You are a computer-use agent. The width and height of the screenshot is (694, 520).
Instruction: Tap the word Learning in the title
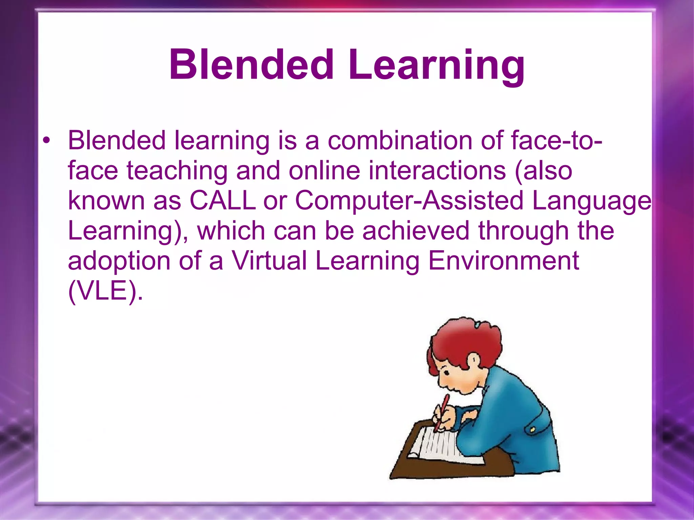437,66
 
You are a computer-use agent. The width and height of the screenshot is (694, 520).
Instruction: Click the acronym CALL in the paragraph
222,200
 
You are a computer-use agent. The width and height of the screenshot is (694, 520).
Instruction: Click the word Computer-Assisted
409,200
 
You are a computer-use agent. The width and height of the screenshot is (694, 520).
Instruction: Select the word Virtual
269,261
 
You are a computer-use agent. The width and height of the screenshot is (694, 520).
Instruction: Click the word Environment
504,261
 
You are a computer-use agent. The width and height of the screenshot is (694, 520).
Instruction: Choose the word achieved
416,231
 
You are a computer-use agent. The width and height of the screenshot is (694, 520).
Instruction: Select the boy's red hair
464,339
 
